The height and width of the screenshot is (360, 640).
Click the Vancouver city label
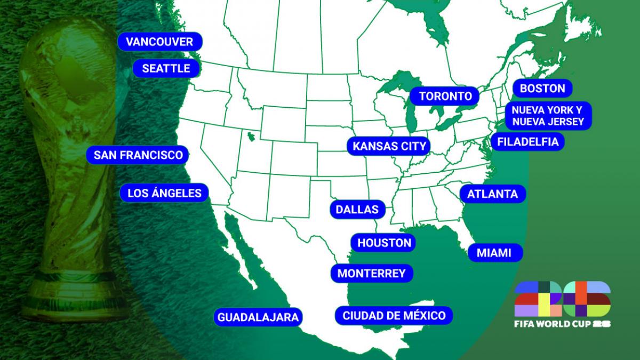(x=160, y=42)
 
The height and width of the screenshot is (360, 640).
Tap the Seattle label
(x=166, y=68)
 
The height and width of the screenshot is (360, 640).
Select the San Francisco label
(x=138, y=155)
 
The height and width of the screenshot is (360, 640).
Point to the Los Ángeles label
(x=164, y=193)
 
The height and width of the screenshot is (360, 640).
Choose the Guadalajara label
(x=258, y=317)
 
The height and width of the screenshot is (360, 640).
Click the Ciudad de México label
(x=394, y=315)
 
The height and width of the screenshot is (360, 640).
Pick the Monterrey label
(x=372, y=274)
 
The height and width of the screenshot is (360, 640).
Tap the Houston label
(x=384, y=243)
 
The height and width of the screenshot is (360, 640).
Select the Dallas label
(x=357, y=209)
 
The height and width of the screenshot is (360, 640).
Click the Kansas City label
(x=389, y=146)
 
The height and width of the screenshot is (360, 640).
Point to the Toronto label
(x=445, y=96)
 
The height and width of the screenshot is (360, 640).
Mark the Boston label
(x=542, y=88)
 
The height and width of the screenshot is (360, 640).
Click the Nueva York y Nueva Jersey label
(x=544, y=116)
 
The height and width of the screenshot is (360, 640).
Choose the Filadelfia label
(x=527, y=141)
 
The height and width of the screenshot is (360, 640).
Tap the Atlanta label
(x=492, y=194)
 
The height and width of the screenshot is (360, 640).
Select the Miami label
(x=494, y=253)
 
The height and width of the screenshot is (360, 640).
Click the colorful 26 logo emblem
(x=562, y=299)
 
